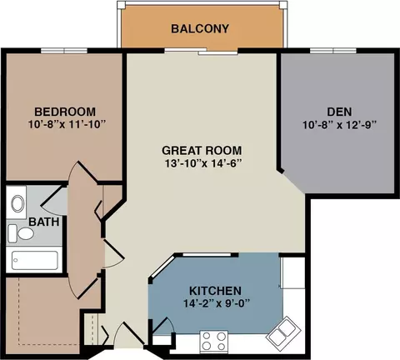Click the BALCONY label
click(x=200, y=28)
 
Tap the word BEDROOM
click(x=65, y=112)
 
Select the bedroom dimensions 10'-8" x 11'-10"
click(x=67, y=124)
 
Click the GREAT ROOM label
click(x=202, y=151)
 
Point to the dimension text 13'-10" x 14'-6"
click(x=202, y=163)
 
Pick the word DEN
click(x=339, y=112)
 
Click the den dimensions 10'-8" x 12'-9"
click(x=339, y=125)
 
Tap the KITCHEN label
click(x=215, y=291)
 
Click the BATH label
click(x=44, y=222)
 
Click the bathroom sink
click(x=17, y=203)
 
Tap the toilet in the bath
click(x=21, y=233)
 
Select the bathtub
click(x=35, y=260)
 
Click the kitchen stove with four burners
click(x=213, y=342)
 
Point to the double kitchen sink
click(x=284, y=331)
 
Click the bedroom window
click(x=64, y=51)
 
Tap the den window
click(x=333, y=51)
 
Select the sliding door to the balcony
click(x=201, y=52)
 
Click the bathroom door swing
click(x=54, y=201)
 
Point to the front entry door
click(x=129, y=336)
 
